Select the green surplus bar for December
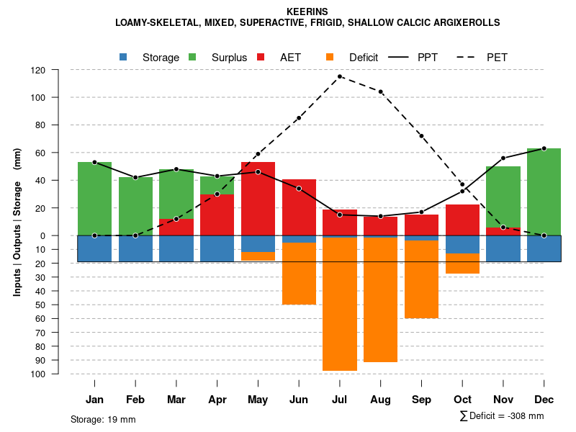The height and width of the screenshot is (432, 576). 544,192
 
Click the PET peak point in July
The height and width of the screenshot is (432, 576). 340,76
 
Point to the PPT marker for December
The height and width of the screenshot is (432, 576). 544,148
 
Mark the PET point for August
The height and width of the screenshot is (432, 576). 380,91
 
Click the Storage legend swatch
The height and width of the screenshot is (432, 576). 124,57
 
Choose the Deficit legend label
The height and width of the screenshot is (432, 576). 364,58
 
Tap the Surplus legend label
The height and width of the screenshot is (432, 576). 229,58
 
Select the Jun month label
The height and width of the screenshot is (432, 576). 299,400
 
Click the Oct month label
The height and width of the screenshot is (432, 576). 462,400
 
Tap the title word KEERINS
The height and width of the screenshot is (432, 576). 307,12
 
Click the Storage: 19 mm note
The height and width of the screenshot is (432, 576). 103,419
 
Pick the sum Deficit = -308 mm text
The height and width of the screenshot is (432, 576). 502,416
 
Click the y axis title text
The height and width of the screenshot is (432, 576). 17,222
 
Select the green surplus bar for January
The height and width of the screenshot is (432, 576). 94,199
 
